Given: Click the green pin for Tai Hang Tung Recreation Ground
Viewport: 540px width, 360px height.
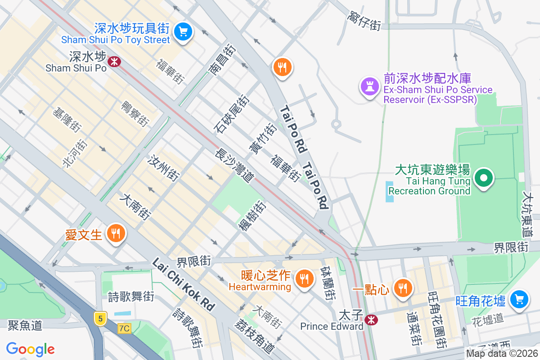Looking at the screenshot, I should coord(484,178).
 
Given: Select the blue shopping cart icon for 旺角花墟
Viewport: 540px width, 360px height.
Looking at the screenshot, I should coord(519,299).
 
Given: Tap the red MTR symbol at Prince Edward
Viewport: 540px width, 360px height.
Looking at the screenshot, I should coord(371,320).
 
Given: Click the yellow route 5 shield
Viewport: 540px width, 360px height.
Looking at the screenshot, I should coord(100,318).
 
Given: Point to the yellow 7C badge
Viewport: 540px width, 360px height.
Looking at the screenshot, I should coord(124,328).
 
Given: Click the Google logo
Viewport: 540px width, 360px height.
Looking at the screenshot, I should coord(31,349).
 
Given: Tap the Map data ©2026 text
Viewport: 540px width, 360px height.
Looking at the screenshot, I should coord(501,353).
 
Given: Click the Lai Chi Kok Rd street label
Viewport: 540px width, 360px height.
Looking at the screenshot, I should coord(184,283).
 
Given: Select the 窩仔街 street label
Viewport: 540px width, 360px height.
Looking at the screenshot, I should coord(364,21).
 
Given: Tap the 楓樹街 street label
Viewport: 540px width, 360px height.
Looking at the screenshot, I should coord(252,216).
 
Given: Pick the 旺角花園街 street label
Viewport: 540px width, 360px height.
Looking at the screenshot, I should coord(436,319).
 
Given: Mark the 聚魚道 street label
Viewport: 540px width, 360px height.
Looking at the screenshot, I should coord(25,325).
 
